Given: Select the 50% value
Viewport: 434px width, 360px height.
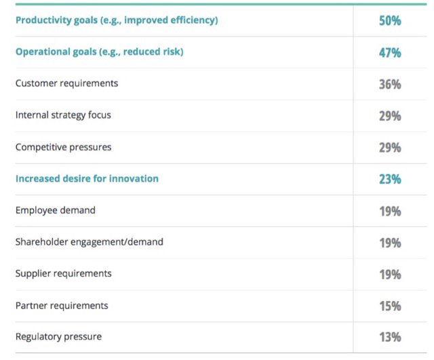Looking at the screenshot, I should click(390, 21).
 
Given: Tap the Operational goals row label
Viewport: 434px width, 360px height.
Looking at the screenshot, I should click(99, 52).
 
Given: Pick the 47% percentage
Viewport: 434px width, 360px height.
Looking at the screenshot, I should click(390, 53).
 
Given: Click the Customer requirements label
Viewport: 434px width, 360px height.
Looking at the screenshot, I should click(66, 83).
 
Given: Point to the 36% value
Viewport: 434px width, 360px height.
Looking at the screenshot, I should click(390, 85).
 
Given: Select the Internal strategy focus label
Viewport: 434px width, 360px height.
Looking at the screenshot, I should click(63, 115).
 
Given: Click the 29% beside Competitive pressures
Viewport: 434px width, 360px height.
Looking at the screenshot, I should click(390, 148).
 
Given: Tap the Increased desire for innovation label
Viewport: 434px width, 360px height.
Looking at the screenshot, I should click(87, 179).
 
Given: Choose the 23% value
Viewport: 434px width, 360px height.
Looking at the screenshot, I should click(390, 180).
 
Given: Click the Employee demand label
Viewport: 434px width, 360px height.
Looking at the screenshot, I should click(55, 210).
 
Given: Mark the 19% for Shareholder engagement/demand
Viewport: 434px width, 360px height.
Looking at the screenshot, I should click(390, 243).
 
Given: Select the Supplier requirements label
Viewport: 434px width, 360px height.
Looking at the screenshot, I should click(64, 274).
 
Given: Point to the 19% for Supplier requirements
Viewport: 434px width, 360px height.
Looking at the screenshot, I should click(390, 275).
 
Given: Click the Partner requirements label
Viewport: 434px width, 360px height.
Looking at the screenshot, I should click(62, 305).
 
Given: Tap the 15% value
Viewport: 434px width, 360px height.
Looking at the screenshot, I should click(390, 306).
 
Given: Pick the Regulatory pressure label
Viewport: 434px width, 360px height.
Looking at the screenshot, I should click(59, 336).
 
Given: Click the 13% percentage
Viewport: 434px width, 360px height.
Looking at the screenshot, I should click(390, 337).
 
